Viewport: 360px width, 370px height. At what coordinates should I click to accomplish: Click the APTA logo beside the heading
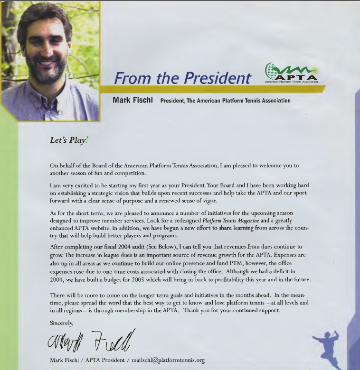coord(291,74)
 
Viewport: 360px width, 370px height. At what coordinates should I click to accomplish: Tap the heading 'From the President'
coord(182,78)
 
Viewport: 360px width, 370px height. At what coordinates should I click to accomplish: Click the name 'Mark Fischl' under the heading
coord(133,100)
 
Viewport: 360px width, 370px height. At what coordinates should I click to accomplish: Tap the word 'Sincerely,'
coord(62,323)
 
